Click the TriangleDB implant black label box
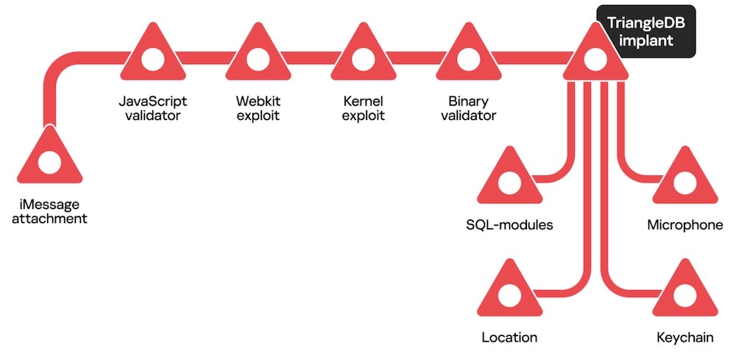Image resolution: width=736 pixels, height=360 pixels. tap(645, 32)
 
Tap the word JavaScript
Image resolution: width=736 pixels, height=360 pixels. tap(152, 100)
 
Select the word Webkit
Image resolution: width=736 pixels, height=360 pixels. tap(258, 100)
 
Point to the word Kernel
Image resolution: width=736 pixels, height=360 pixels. tap(363, 100)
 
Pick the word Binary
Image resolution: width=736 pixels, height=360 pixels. tap(467, 100)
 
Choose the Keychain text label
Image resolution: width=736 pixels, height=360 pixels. tap(684, 338)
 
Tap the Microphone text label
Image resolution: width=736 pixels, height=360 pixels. tap(684, 225)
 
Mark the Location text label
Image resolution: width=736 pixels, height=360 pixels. tap(509, 338)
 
